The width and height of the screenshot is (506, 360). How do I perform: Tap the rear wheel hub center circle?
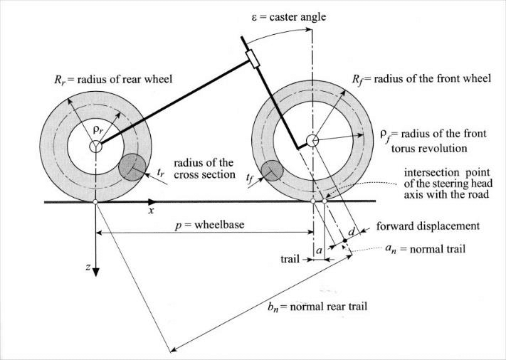(x=95, y=146)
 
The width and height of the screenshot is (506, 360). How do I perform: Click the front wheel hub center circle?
(x=312, y=140)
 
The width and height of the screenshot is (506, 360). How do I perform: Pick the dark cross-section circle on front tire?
(x=273, y=171)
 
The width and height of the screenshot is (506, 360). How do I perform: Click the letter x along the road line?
(x=150, y=211)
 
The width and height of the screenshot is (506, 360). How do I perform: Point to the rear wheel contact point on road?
(x=95, y=202)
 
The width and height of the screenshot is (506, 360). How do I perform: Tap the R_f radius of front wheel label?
(x=426, y=78)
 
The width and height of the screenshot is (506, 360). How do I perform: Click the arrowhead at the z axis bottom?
(x=95, y=270)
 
